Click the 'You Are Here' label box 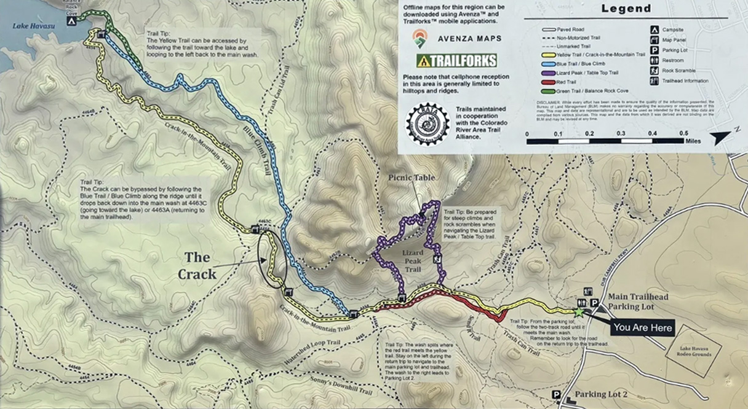[643, 327]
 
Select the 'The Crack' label [197, 265]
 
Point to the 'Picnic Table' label [412, 178]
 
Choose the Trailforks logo [456, 60]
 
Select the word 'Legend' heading [626, 9]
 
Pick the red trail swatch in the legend [549, 81]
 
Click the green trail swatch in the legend [549, 90]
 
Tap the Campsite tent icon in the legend [655, 29]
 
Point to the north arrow [720, 136]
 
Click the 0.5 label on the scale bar [683, 133]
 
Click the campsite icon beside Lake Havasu [71, 20]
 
